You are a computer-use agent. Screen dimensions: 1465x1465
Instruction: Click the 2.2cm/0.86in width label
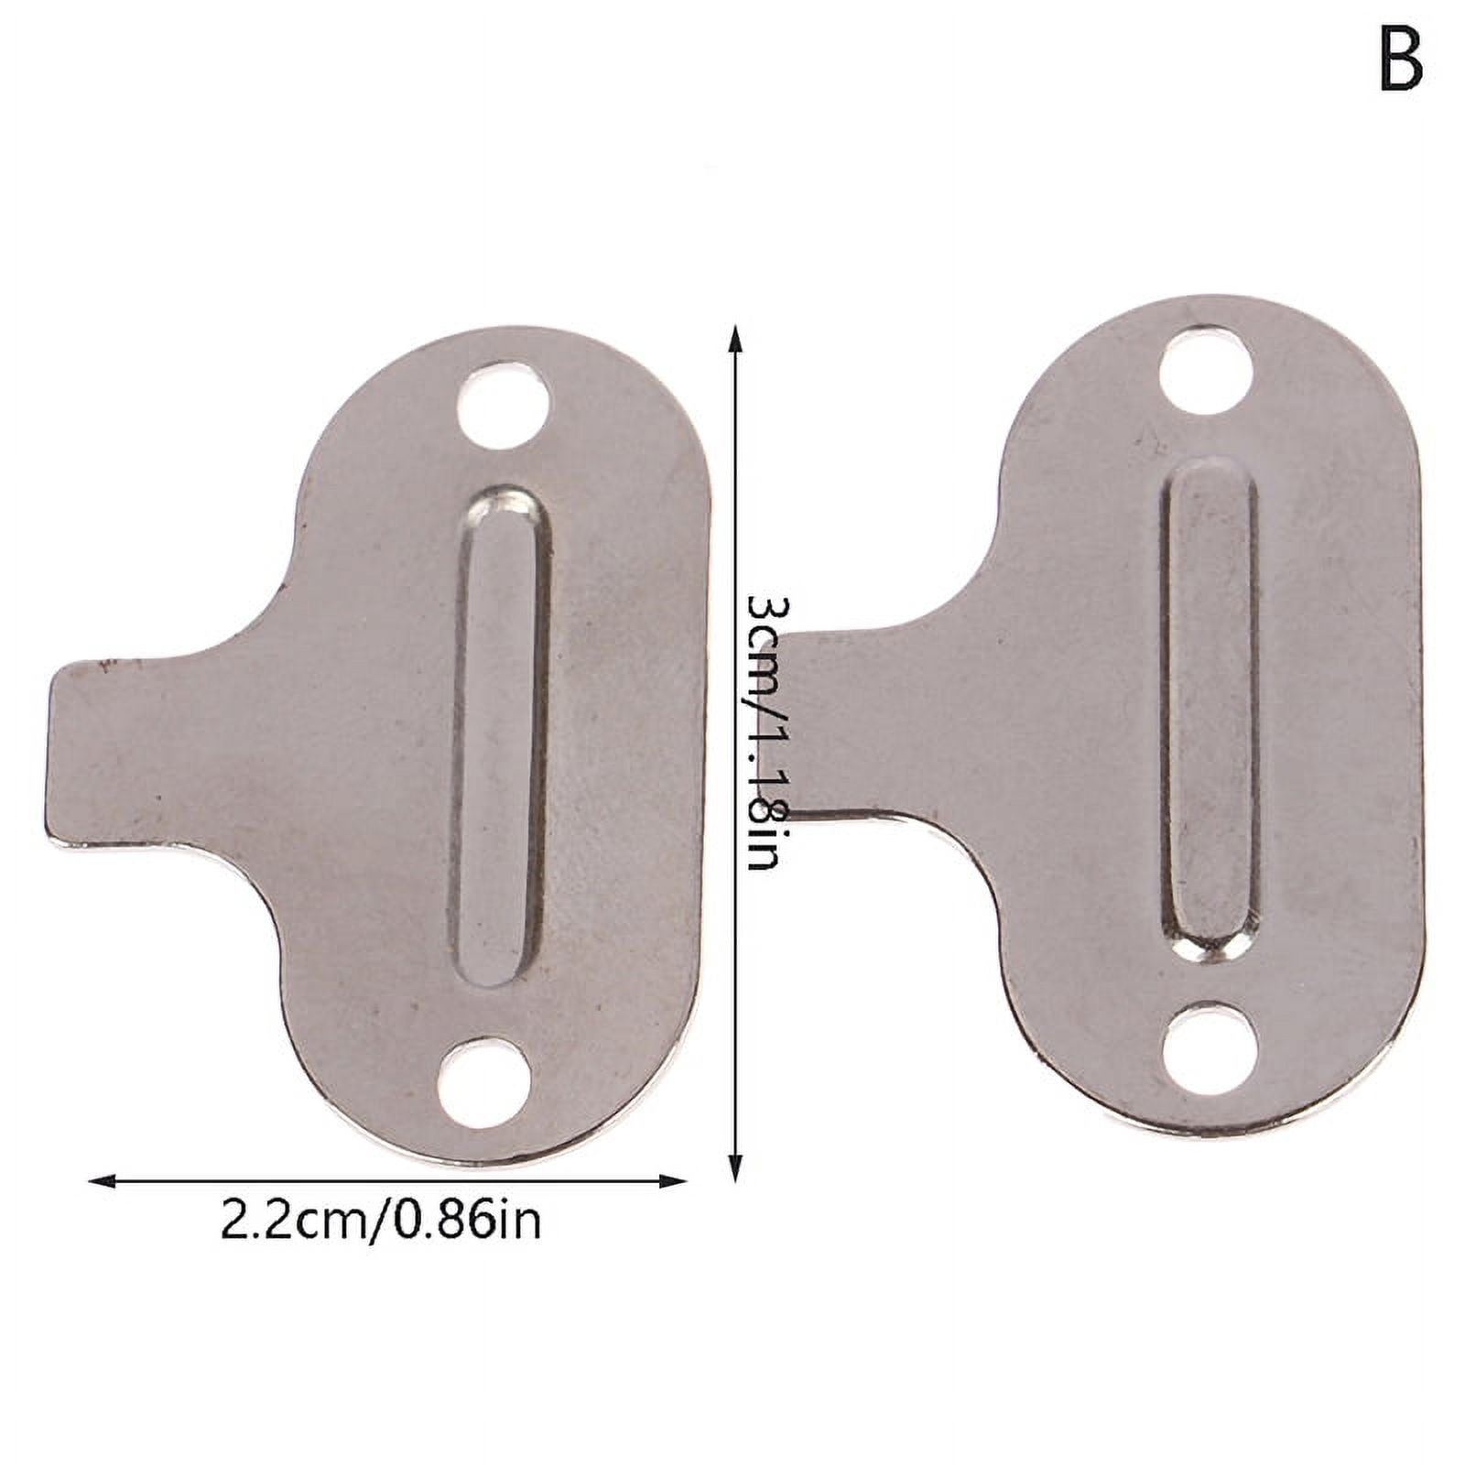[x=381, y=1221]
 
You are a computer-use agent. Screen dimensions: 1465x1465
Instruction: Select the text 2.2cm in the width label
[x=294, y=1221]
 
